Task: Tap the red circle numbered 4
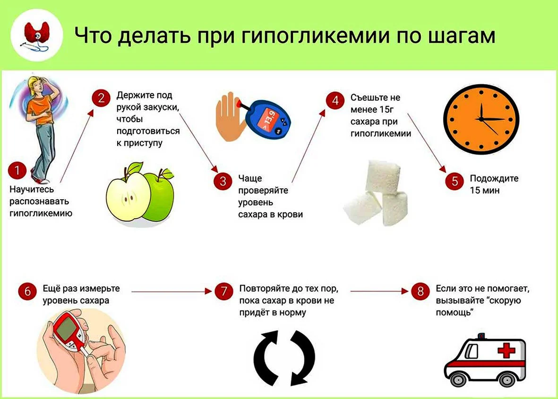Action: click(335, 101)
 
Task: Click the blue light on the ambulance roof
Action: click(481, 336)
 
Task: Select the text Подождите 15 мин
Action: click(494, 185)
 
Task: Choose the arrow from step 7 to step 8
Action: click(375, 292)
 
